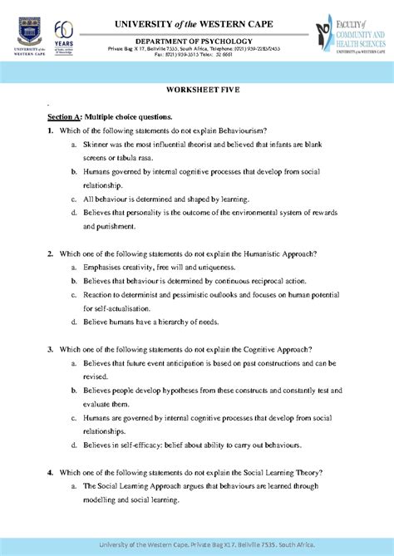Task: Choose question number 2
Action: tap(50, 253)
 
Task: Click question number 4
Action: tap(50, 472)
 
